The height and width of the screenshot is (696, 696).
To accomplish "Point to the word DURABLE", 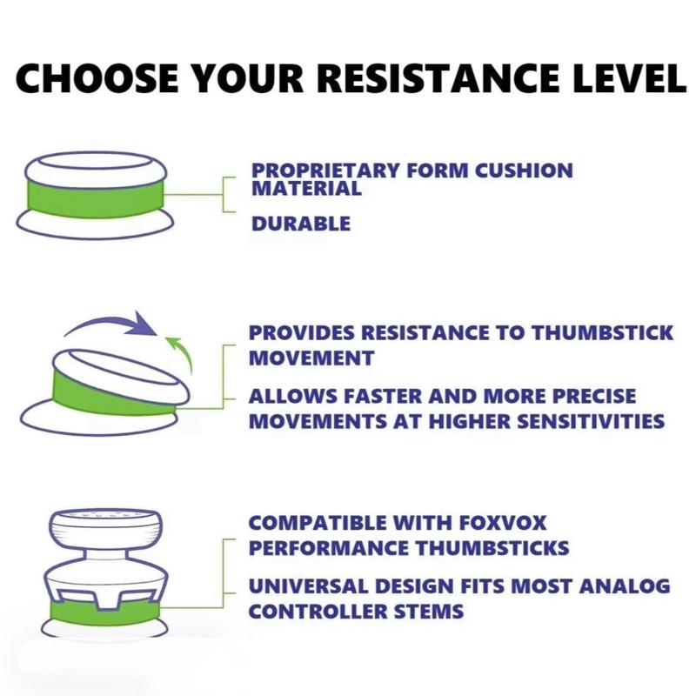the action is click(301, 224).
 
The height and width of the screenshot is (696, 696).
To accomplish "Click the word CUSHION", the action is click(524, 171).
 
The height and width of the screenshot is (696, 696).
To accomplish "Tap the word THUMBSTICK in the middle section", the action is click(602, 333).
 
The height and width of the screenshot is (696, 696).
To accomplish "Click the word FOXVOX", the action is click(503, 523).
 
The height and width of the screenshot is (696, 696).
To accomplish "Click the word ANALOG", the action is click(625, 586).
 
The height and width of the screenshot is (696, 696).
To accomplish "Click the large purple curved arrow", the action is click(111, 320).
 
